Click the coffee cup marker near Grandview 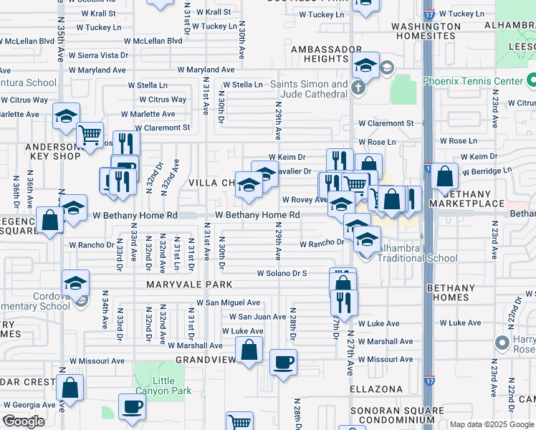283,362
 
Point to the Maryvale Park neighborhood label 181,285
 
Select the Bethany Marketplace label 474,199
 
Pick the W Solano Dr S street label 282,274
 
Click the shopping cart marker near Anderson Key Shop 90,135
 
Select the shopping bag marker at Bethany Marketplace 445,176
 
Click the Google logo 24,421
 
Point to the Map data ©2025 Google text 491,424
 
